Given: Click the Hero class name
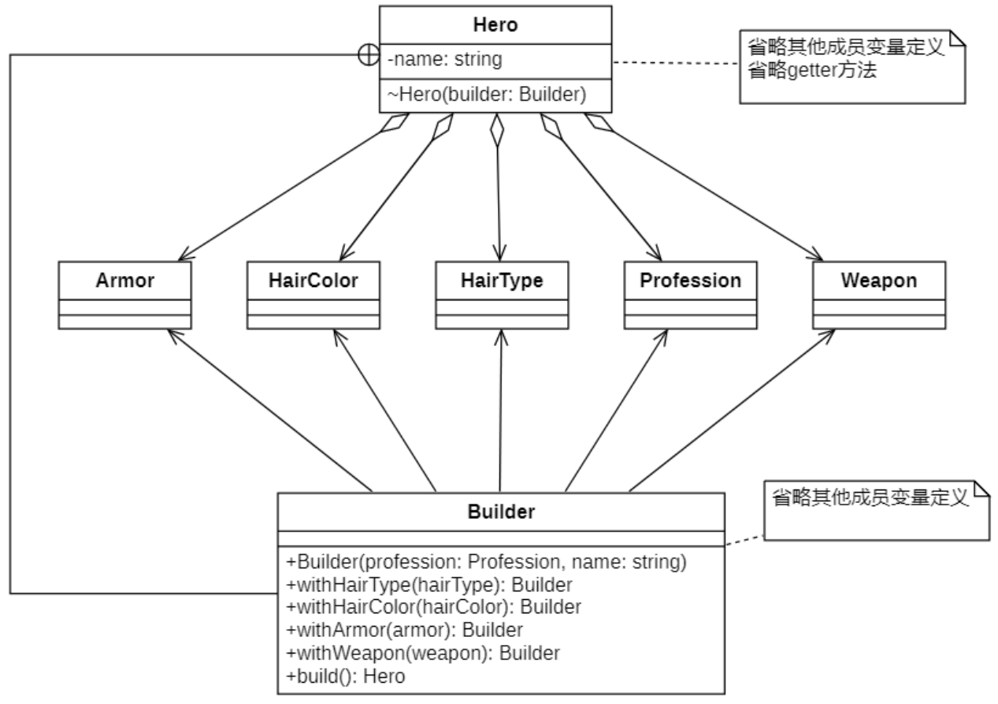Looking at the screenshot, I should point(495,24).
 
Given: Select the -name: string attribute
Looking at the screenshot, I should point(445,59).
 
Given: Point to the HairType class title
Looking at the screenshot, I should point(501,281).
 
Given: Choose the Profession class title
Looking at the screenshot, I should point(690,281).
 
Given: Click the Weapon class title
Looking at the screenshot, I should point(878,281).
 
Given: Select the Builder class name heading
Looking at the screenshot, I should point(501,512).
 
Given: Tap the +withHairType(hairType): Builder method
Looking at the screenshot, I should point(429,585).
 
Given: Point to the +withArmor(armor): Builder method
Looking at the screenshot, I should point(405,631).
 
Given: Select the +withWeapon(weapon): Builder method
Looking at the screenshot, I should point(423,654).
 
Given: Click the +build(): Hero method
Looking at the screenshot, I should point(346,676).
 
